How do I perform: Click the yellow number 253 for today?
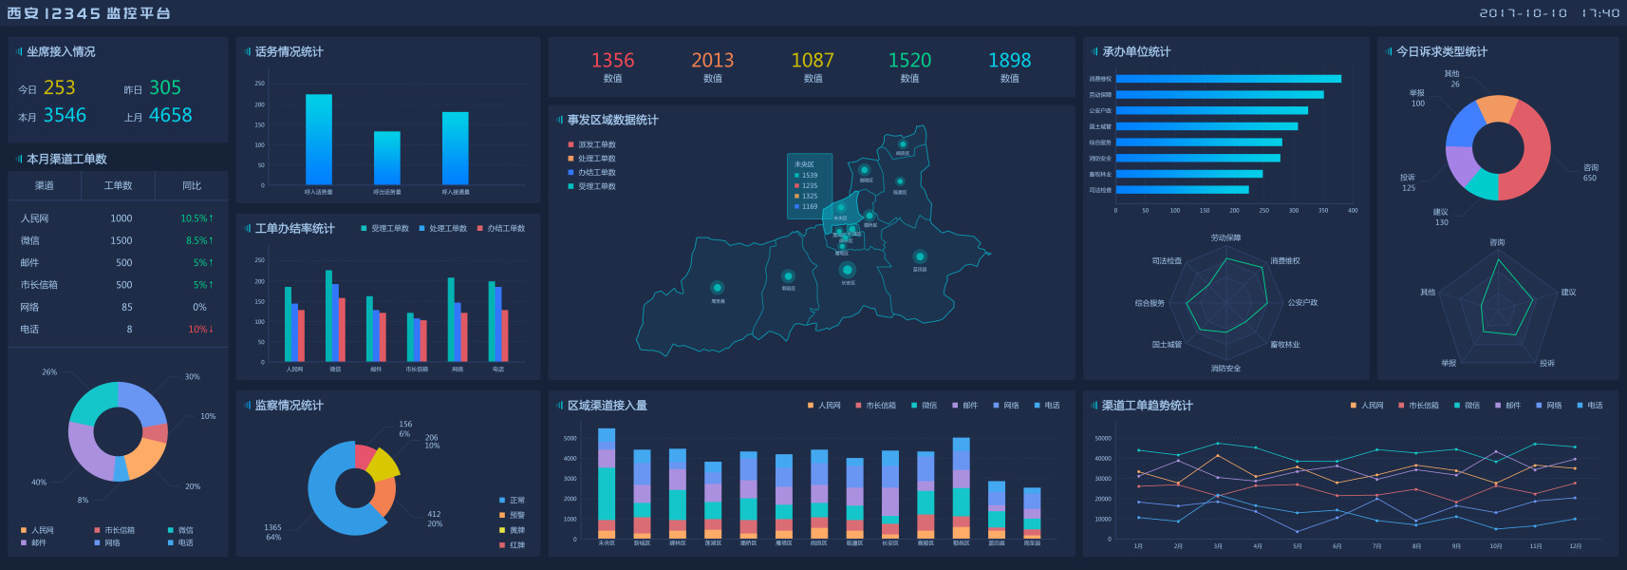point(59,88)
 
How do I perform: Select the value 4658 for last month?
point(170,116)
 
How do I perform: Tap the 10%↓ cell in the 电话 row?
point(199,330)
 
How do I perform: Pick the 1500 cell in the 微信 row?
point(122,241)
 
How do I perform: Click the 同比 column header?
point(192,186)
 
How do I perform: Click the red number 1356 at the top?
point(612,61)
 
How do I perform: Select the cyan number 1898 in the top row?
point(1009,61)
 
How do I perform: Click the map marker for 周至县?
point(717,288)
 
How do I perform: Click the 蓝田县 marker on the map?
point(919,256)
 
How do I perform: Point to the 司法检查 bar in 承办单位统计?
point(1182,190)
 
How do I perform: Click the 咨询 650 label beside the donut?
point(1590,173)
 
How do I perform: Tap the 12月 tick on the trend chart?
point(1575,546)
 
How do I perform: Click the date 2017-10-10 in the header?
point(1523,13)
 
